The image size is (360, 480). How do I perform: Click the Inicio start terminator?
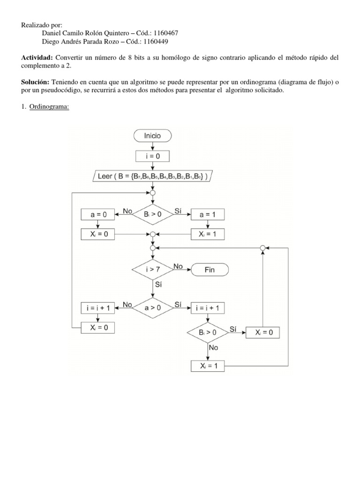click(x=152, y=136)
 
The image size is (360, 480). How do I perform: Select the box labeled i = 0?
click(x=152, y=156)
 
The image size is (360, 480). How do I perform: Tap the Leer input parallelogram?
click(x=152, y=177)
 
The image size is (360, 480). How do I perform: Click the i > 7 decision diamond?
click(x=152, y=270)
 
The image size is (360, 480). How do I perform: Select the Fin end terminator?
click(x=209, y=270)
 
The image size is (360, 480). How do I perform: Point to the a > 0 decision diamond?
click(x=152, y=308)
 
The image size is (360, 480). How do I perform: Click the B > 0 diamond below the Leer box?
click(x=152, y=215)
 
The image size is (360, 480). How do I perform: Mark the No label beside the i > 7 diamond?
click(x=178, y=266)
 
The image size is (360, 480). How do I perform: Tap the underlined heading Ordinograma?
click(x=49, y=107)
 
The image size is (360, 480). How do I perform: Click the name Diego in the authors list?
click(x=51, y=41)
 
